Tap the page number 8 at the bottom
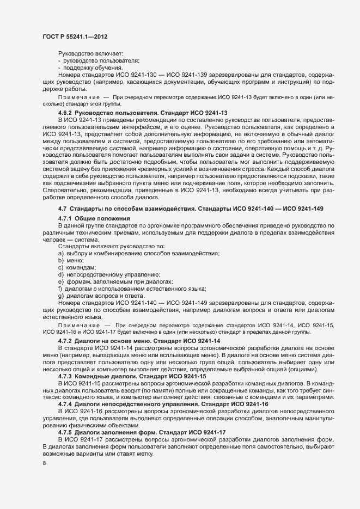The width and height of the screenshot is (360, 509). (x=44, y=463)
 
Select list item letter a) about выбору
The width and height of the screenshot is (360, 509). (x=61, y=253)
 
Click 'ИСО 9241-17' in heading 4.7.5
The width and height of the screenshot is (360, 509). (x=206, y=433)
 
